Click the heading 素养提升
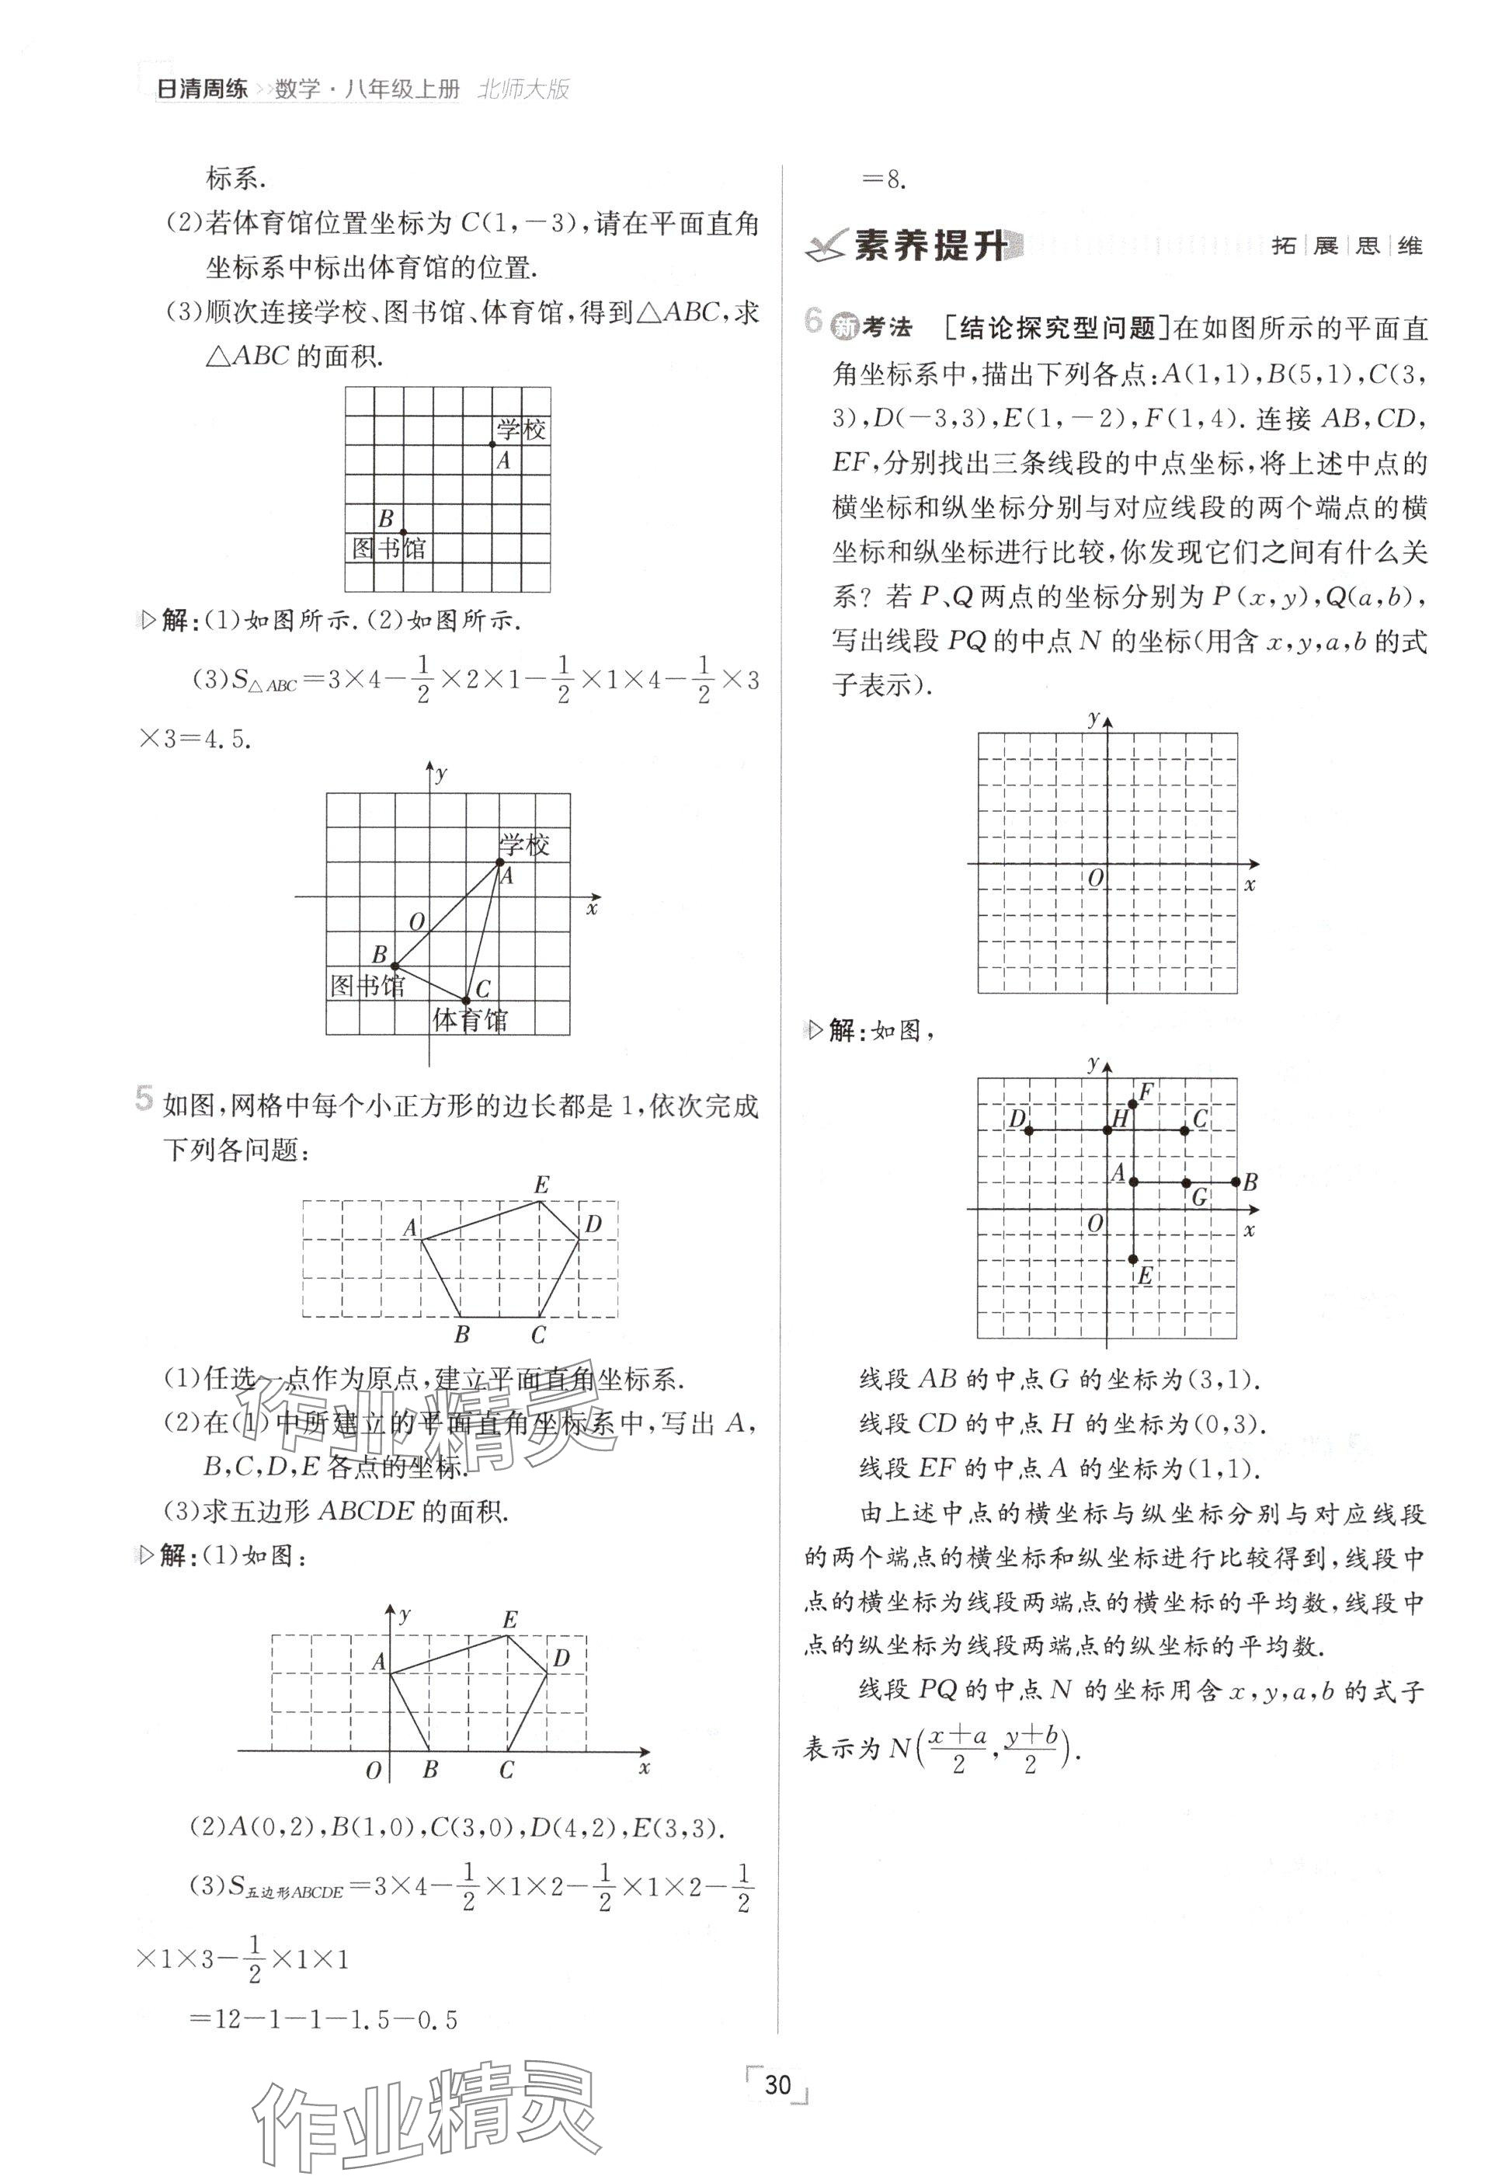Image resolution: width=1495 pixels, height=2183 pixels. pos(930,247)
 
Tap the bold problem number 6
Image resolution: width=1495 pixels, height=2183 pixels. pos(814,322)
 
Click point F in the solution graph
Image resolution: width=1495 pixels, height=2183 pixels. pos(1133,1104)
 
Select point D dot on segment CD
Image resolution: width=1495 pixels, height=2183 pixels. pos(1029,1130)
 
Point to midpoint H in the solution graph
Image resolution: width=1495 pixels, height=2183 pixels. pos(1108,1130)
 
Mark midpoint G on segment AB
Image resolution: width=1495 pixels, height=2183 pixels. pos(1186,1182)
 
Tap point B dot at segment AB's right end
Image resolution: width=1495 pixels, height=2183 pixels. pos(1236,1182)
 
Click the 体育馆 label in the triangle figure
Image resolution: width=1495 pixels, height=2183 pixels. pos(470,1020)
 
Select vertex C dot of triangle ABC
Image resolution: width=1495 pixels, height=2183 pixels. pos(466,1000)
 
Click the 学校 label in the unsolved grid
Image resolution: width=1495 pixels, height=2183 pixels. pos(521,430)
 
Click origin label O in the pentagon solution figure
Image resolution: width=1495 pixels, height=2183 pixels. pos(374,1770)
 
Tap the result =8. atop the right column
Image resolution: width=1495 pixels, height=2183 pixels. pos(884,179)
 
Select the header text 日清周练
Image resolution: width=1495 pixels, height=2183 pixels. pos(201,89)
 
